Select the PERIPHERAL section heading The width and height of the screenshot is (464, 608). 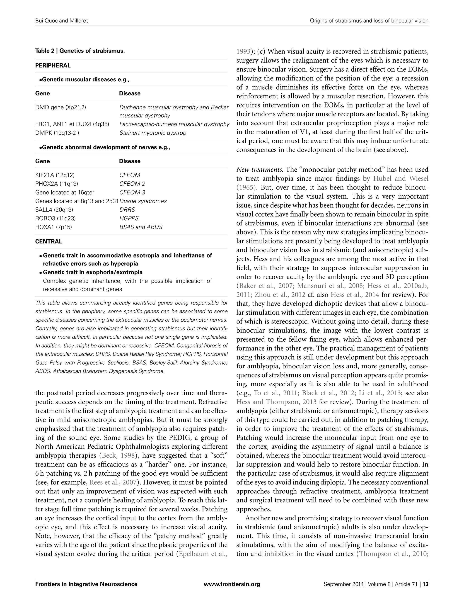click(x=53, y=66)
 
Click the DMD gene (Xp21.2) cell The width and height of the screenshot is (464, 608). click(x=60, y=107)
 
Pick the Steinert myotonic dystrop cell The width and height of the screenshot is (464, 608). click(x=152, y=133)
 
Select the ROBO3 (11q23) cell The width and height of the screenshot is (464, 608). click(x=55, y=218)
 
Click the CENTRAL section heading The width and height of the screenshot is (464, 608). click(x=49, y=241)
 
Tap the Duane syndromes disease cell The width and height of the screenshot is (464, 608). click(x=143, y=201)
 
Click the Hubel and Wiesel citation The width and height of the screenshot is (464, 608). click(x=401, y=179)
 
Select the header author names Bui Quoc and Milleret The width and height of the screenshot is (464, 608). click(x=62, y=20)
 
